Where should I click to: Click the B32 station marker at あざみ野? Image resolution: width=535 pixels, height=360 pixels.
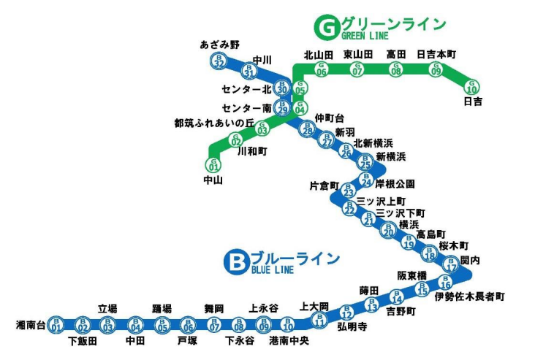coord(219,61)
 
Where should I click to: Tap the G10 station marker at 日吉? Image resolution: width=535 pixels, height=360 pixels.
coord(472,87)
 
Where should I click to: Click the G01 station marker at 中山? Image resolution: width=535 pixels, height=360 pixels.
coord(214,164)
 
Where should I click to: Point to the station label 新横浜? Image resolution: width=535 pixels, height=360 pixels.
coord(391,157)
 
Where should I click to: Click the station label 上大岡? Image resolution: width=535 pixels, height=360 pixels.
coord(314,307)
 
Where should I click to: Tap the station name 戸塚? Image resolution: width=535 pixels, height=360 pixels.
coord(187,341)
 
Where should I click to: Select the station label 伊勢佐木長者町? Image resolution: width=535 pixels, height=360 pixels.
coord(469,297)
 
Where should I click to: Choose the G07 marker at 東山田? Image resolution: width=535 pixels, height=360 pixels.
coord(357,69)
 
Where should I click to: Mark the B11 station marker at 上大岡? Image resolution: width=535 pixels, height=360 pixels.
coord(319,320)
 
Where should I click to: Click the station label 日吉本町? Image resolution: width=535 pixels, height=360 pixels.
coord(436,54)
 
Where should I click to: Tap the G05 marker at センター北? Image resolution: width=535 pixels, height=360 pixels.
coord(299,89)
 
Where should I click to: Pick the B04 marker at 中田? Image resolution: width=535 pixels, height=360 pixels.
coord(135,324)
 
